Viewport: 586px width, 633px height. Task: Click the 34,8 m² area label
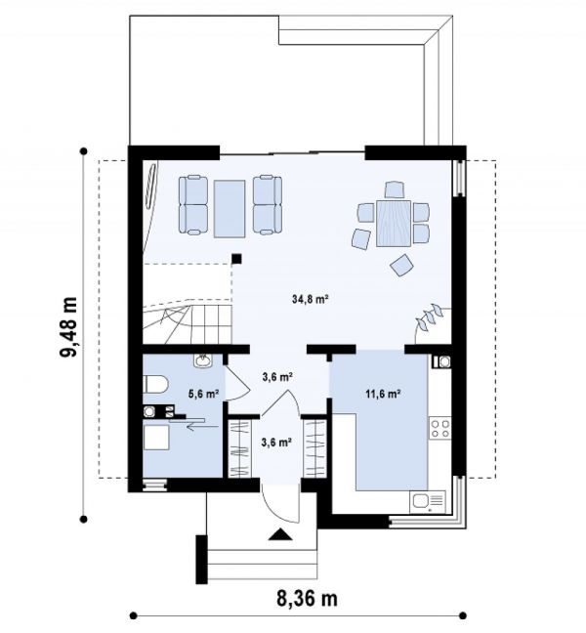coord(310,299)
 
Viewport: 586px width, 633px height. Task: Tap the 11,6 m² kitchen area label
coord(383,394)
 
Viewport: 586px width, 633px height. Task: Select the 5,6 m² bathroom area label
coord(204,394)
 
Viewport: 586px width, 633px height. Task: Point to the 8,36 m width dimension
coord(307,599)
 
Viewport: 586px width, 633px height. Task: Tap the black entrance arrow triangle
coord(280,534)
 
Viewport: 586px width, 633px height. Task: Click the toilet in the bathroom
coord(155,384)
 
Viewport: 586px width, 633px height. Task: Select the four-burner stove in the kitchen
coord(439,428)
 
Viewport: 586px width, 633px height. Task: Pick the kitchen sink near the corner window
coord(428,502)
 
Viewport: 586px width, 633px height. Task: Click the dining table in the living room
coord(394,224)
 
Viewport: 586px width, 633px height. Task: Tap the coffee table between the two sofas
coord(230,209)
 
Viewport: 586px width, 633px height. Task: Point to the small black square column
coord(236,259)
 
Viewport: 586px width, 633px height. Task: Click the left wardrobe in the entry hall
coord(239,448)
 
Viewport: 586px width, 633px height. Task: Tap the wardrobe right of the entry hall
coord(315,448)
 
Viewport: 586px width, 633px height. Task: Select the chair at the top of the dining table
coord(395,190)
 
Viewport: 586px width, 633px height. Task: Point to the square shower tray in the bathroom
coord(156,438)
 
